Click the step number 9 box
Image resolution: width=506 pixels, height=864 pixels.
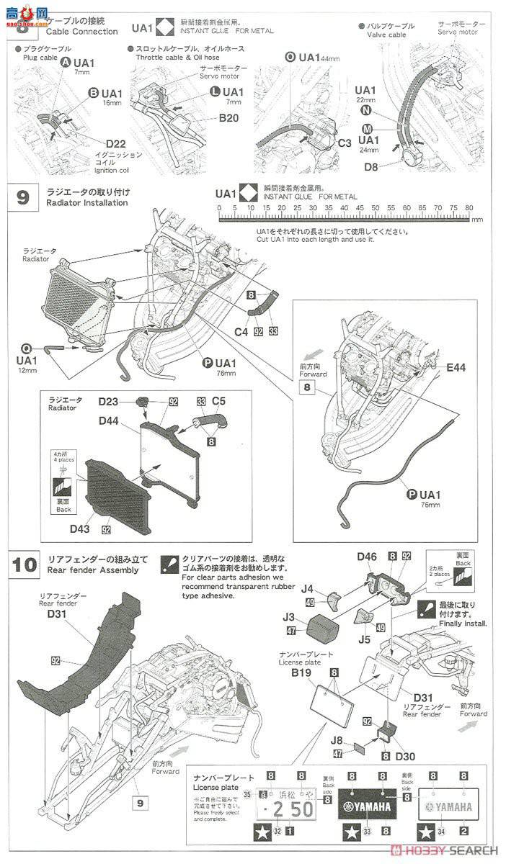[x=23, y=198]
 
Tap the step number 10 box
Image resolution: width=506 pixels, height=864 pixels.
[x=25, y=564]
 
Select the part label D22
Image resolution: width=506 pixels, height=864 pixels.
[x=116, y=143]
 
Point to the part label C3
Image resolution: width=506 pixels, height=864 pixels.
[x=345, y=143]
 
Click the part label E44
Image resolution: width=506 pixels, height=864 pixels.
[x=456, y=367]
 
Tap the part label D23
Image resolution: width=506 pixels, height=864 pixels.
[x=109, y=401]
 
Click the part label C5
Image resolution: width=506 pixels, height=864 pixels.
[x=219, y=401]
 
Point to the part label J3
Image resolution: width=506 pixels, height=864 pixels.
[x=289, y=617]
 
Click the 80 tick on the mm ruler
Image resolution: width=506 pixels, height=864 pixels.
[x=469, y=207]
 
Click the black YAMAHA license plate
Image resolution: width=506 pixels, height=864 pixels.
[x=368, y=806]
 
